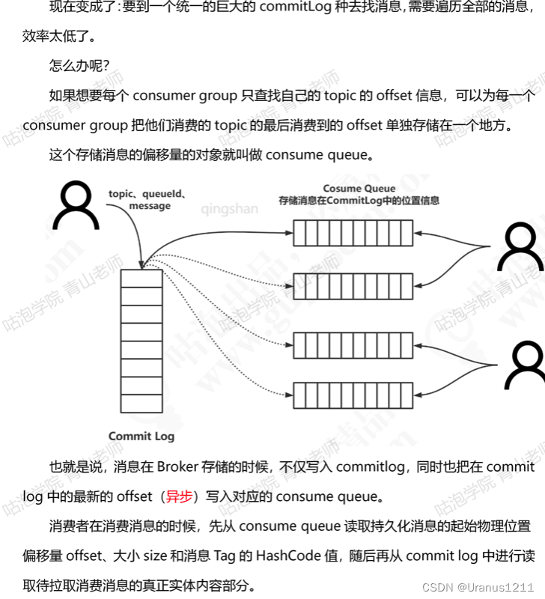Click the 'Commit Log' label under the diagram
pyautogui.click(x=141, y=437)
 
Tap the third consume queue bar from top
pyautogui.click(x=352, y=345)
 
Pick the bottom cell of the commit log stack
pyautogui.click(x=141, y=404)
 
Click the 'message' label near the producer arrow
pyautogui.click(x=150, y=206)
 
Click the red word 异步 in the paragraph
pyautogui.click(x=179, y=496)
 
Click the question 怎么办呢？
pyautogui.click(x=79, y=65)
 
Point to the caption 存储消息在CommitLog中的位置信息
pyautogui.click(x=359, y=201)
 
